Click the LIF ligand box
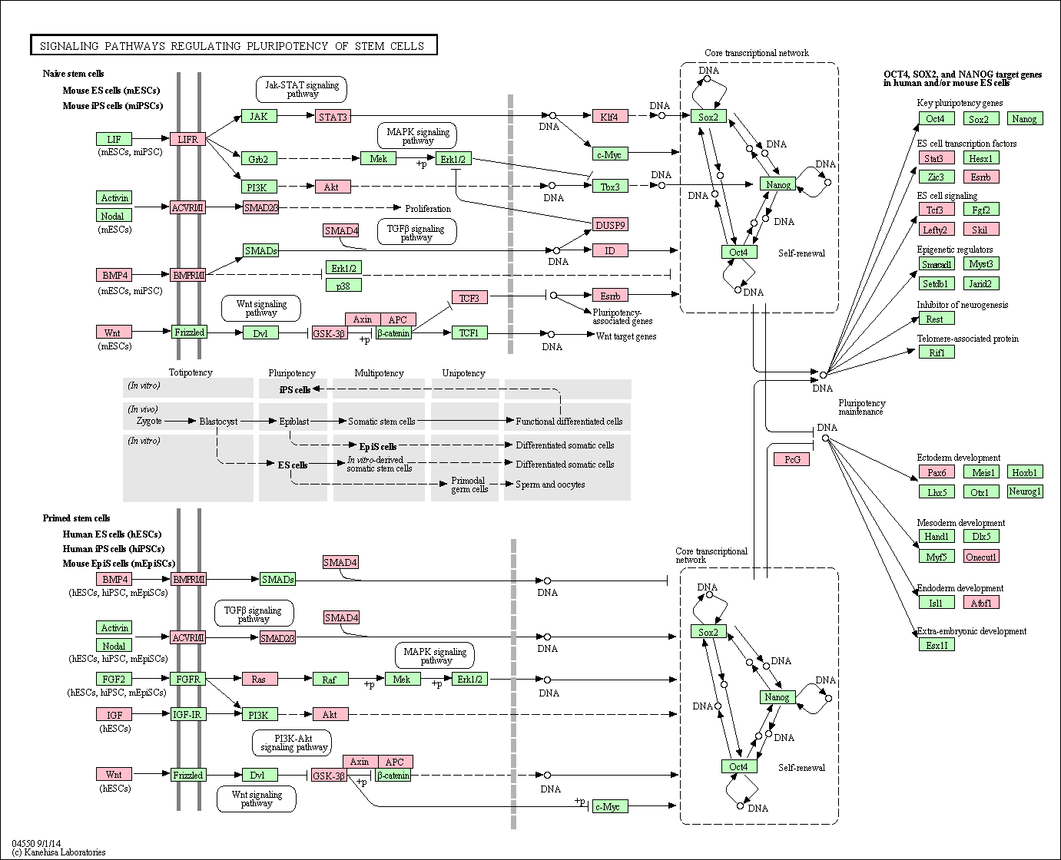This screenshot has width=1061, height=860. pos(114,139)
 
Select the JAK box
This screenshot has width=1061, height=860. pos(259,116)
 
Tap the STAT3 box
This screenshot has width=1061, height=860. pos(333,117)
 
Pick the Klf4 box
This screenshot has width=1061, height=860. pos(610,117)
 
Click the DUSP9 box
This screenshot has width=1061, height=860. pos(610,225)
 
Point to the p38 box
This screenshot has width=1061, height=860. pos(343,285)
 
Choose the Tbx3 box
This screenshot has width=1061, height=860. pos(610,187)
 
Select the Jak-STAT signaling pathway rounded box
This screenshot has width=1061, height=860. pos(301,90)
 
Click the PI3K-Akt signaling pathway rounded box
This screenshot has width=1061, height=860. pos(292,743)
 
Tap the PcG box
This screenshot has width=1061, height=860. pos(792,459)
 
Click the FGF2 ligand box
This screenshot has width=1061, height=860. pos(114,679)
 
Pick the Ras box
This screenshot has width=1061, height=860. pos(260,679)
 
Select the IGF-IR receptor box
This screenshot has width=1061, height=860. pos(187,715)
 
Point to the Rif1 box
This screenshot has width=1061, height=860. pos(937,352)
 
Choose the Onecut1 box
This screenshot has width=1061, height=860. pos(981,557)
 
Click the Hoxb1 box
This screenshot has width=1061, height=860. pos(1025,471)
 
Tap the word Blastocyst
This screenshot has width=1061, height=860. pos(218,422)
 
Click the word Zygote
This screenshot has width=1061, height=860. pos(149,421)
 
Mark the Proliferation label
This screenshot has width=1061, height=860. pos(428,209)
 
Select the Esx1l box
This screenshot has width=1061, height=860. pos(937,645)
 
